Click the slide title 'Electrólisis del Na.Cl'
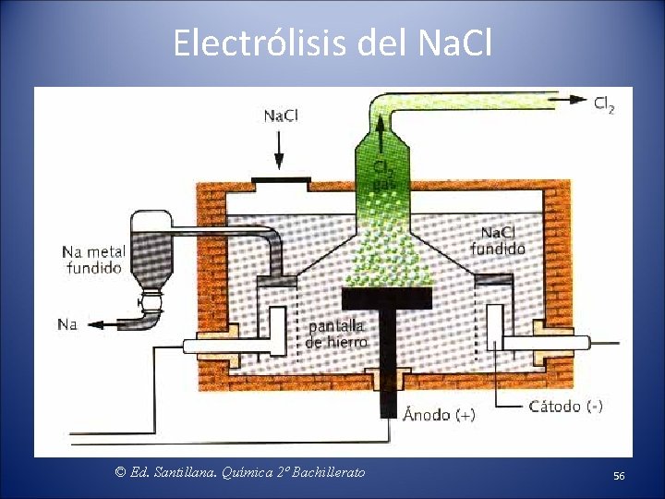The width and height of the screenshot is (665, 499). coord(332,43)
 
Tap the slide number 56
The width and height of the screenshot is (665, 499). coord(619,475)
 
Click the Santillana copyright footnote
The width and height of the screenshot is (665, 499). coord(240,472)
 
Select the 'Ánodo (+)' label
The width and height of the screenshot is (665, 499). coord(439,415)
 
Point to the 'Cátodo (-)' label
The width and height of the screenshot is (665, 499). coord(565,406)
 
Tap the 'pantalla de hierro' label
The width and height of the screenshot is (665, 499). coord(336,334)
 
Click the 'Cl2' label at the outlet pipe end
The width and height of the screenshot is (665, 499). coord(604,103)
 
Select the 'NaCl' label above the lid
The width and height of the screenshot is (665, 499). coord(281,116)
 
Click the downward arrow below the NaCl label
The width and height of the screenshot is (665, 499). coord(281,148)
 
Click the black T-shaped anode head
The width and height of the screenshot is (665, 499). coord(387,298)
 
